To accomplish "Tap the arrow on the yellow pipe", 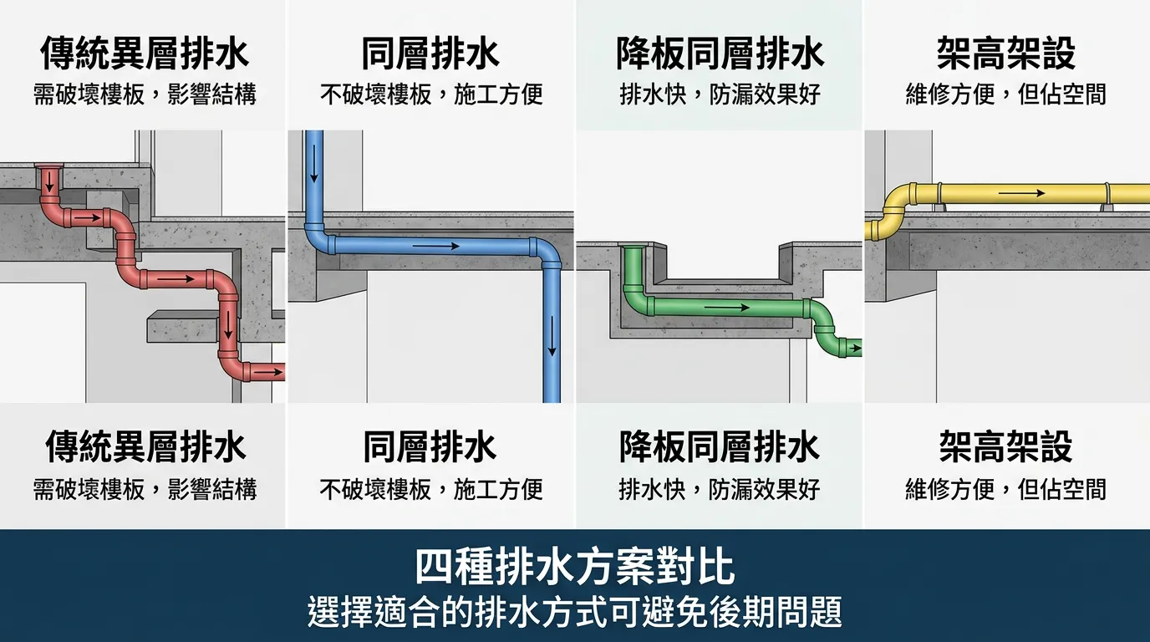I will tap(1021, 193).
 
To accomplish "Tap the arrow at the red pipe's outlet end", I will tap(267, 370).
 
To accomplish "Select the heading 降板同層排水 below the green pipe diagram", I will tap(719, 447).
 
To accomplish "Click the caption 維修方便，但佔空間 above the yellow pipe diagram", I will tap(1005, 94).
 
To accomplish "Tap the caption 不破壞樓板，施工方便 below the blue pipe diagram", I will tap(431, 489).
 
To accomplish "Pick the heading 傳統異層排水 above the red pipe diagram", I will tap(145, 53).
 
